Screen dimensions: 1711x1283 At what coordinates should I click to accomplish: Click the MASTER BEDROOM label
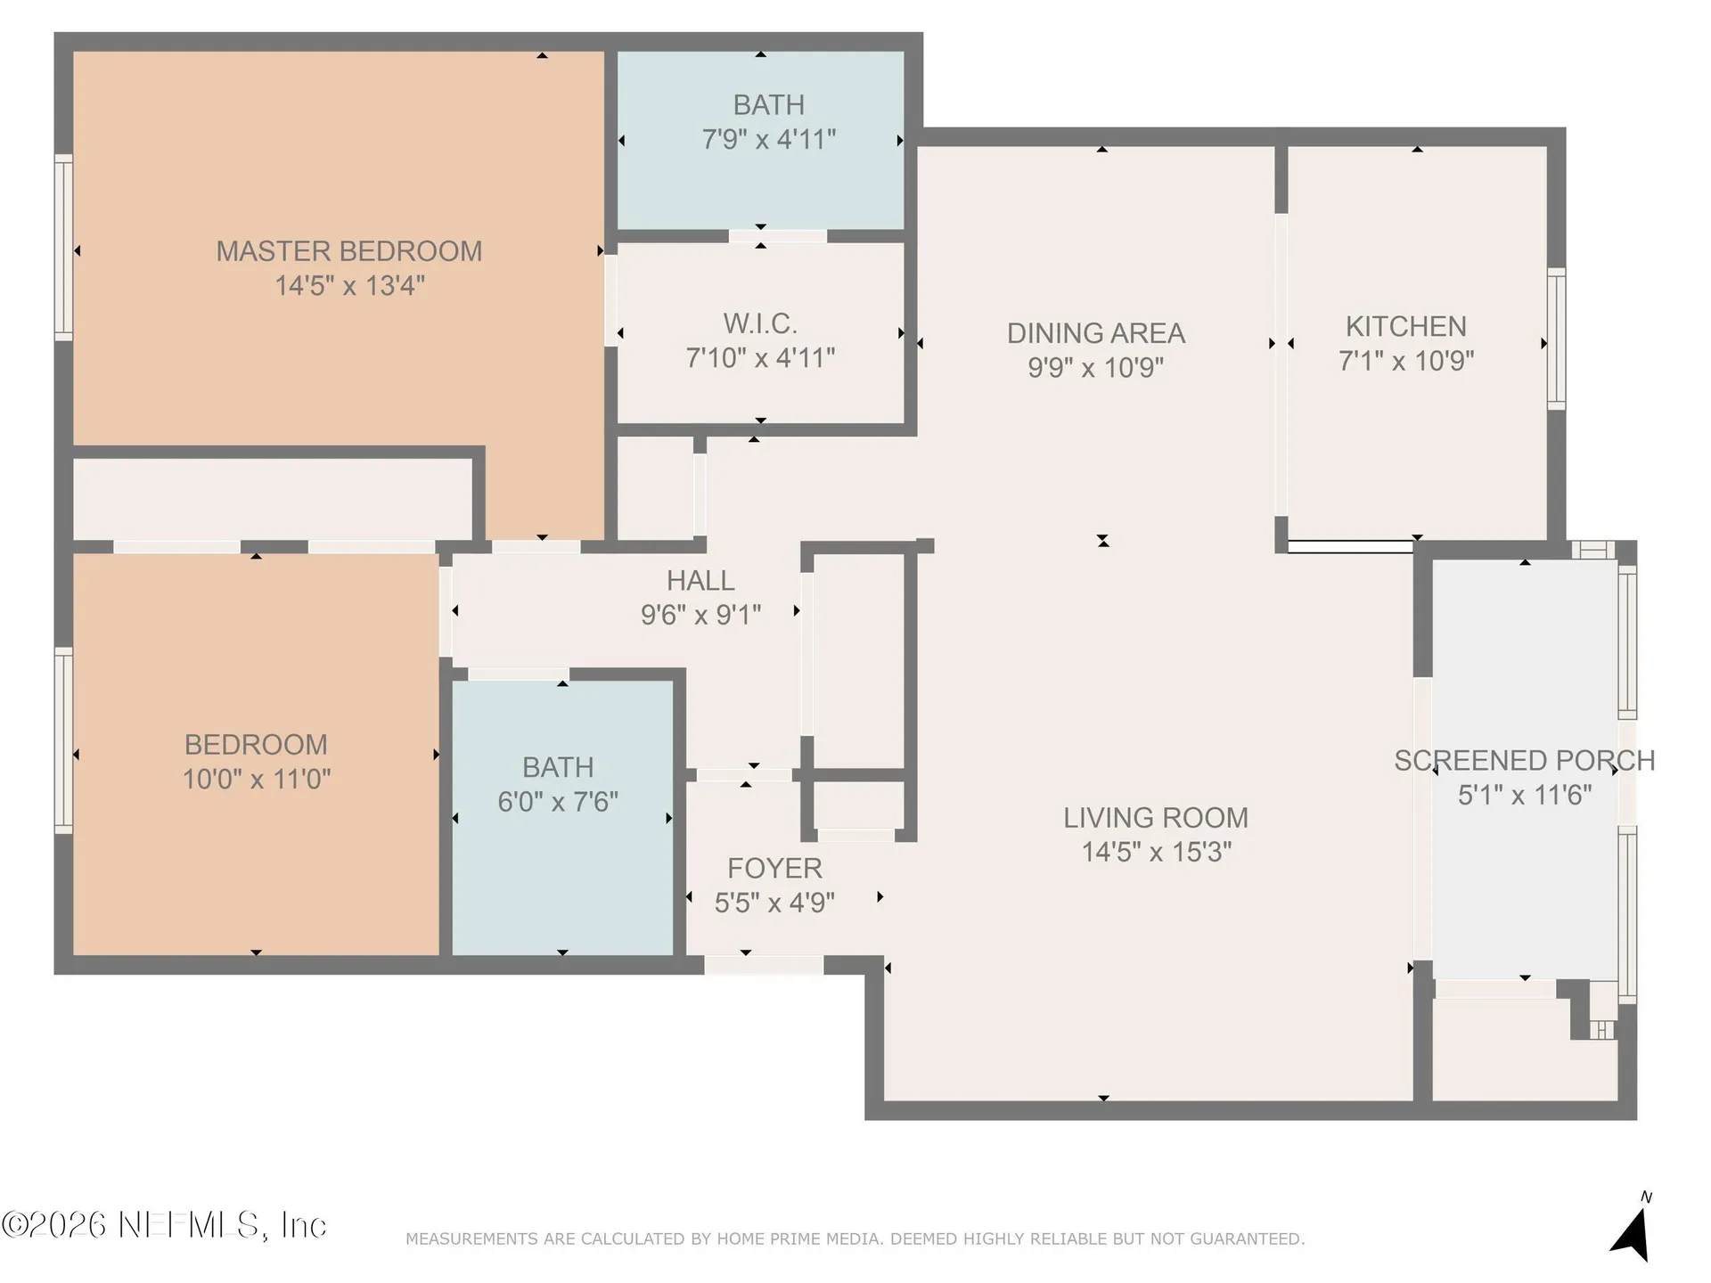[349, 251]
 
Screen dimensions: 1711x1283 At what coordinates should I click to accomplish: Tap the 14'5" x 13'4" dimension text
[349, 286]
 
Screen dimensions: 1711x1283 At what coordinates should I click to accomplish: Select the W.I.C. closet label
[760, 323]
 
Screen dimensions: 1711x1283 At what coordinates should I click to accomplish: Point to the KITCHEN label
[1405, 327]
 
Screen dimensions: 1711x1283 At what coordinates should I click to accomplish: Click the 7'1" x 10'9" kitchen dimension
[1406, 361]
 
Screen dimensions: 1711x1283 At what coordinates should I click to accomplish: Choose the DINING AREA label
[1096, 333]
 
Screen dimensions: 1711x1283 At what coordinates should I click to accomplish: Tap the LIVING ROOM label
[1156, 818]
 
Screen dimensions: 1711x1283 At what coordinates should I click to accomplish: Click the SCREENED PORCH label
[1525, 761]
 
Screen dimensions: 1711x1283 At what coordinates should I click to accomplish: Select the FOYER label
[774, 869]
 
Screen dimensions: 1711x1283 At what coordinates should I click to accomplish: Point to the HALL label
[700, 581]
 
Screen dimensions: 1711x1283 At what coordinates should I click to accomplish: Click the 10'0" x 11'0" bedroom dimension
[257, 780]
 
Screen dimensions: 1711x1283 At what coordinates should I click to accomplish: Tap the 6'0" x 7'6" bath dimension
[558, 802]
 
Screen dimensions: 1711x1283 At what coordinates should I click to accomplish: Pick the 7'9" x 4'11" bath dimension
[769, 140]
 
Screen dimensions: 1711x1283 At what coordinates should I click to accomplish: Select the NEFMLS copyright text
[165, 1225]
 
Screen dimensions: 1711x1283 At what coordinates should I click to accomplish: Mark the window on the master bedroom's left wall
[63, 248]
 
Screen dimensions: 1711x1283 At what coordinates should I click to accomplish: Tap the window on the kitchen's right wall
[1556, 339]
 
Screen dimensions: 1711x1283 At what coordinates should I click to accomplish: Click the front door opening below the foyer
[764, 965]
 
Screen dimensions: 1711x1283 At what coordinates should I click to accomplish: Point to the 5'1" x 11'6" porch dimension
[1525, 795]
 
